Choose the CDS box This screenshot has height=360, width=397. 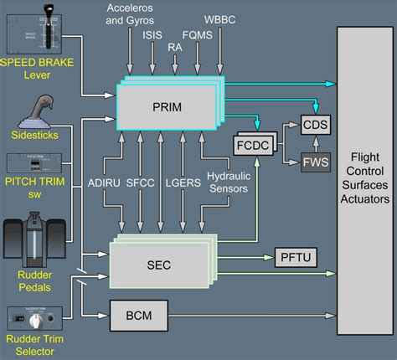coord(316,125)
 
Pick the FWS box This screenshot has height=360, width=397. coord(316,161)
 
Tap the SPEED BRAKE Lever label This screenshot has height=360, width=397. coord(39,64)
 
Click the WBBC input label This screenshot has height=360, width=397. coord(221,19)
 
